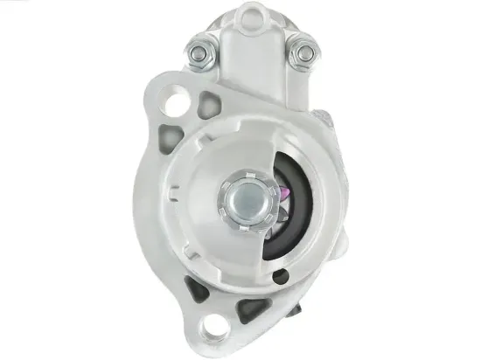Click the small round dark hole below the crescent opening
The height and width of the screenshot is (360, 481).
tap(279, 277)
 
